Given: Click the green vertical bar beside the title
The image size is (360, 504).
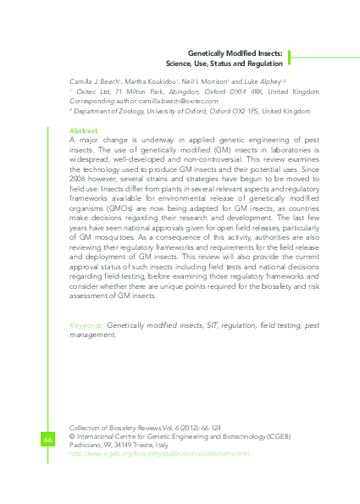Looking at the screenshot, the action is click(290, 57).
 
